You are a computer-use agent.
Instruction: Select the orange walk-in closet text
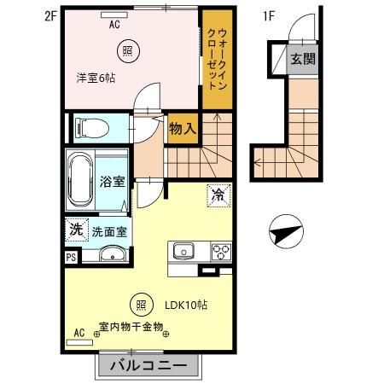point(217,57)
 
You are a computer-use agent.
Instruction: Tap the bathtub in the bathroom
point(82,179)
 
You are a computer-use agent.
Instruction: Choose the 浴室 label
point(112,181)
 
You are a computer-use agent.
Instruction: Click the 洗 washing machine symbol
point(76,229)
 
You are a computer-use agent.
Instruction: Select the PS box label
point(70,254)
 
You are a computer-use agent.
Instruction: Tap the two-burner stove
point(220,251)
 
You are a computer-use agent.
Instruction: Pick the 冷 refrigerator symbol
point(218,195)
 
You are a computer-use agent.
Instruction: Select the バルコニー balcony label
point(145,366)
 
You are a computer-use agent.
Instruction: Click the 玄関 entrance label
point(300,59)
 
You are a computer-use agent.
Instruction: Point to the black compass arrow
point(284,230)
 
